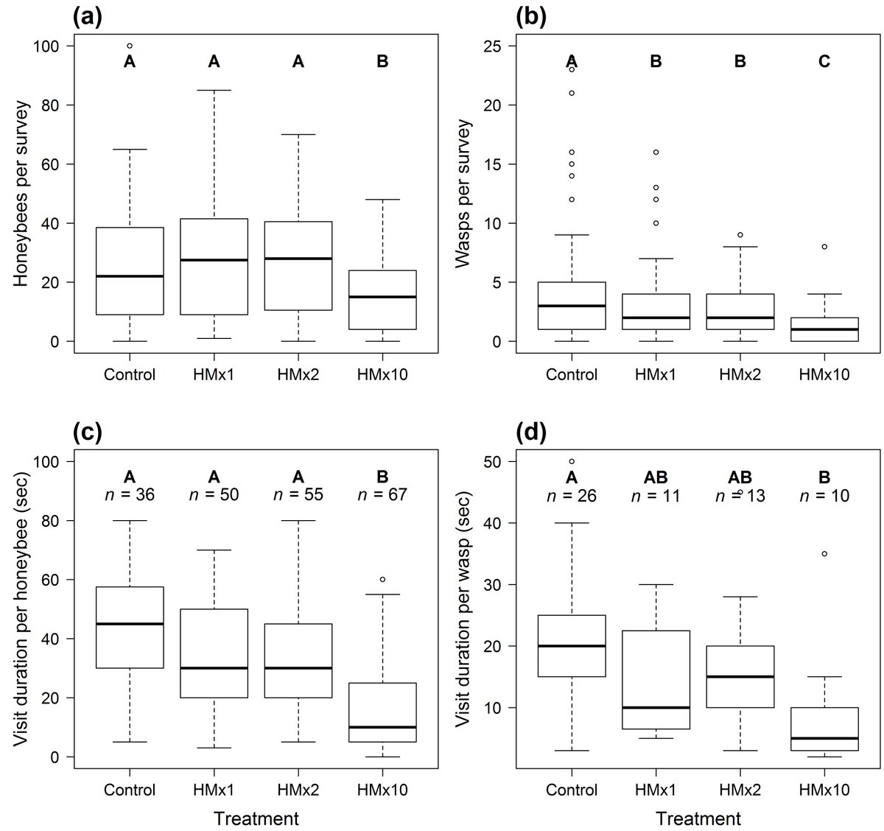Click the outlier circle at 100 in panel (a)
click(130, 46)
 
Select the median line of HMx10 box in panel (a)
click(382, 297)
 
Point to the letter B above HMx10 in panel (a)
click(382, 63)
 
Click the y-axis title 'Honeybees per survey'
click(20, 193)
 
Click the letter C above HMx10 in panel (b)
click(824, 63)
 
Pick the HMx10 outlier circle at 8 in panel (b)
click(824, 248)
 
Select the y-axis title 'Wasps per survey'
click(462, 193)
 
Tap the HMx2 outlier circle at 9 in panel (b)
click(740, 235)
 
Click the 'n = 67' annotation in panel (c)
click(382, 496)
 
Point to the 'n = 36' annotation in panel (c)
click(130, 496)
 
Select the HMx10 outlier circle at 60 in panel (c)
click(382, 580)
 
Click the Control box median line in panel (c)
click(130, 624)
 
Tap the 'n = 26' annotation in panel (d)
click(572, 496)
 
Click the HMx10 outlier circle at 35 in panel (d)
click(824, 553)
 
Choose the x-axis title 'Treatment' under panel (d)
click(698, 818)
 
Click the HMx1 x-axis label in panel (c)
click(214, 790)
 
